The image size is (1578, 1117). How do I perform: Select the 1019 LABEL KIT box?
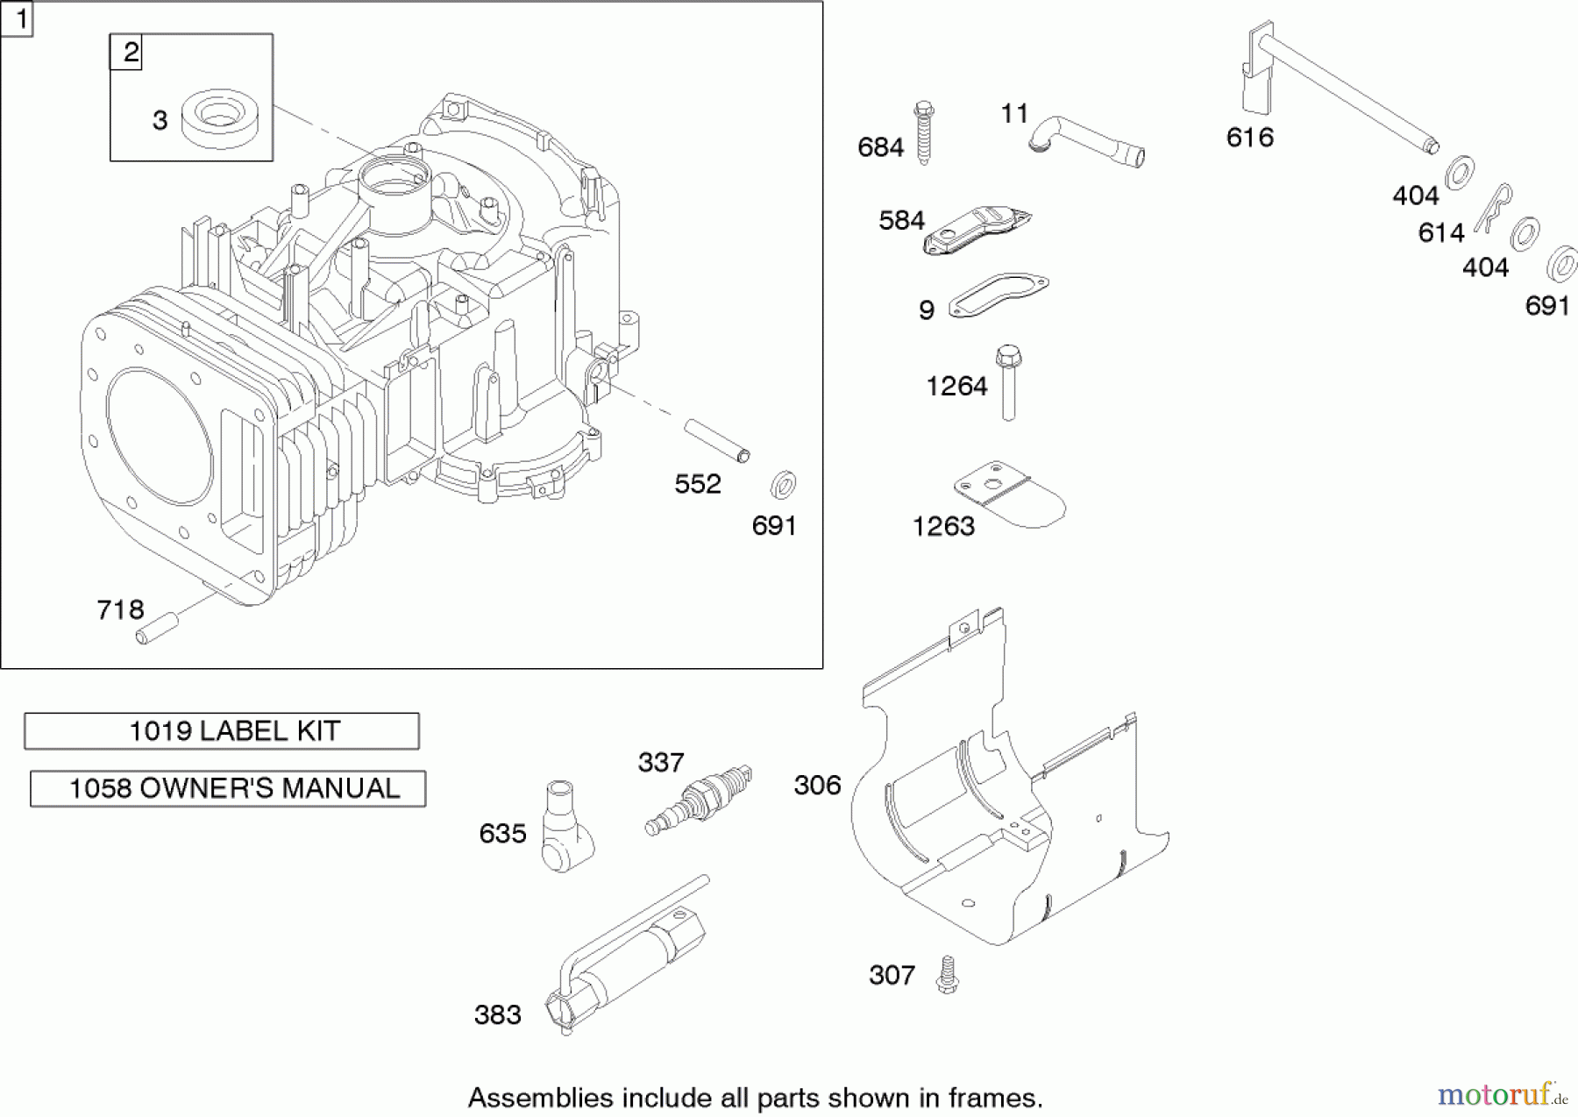pyautogui.click(x=222, y=730)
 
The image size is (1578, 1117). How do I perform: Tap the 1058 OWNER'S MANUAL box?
pyautogui.click(x=228, y=788)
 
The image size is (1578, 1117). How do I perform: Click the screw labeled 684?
pyautogui.click(x=923, y=133)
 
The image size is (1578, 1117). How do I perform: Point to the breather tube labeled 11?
pyautogui.click(x=1087, y=142)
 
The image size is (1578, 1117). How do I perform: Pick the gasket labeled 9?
pyautogui.click(x=999, y=295)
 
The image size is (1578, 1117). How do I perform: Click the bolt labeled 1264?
pyautogui.click(x=1008, y=382)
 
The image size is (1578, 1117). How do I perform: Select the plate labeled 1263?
pyautogui.click(x=1010, y=495)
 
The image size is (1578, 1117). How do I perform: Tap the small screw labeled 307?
pyautogui.click(x=946, y=975)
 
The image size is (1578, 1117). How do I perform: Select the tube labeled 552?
pyautogui.click(x=717, y=440)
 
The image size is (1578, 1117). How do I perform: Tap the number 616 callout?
pyautogui.click(x=1249, y=137)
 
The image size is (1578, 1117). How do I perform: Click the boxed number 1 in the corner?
pyautogui.click(x=17, y=18)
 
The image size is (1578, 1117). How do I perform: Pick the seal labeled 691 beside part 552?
pyautogui.click(x=782, y=485)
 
